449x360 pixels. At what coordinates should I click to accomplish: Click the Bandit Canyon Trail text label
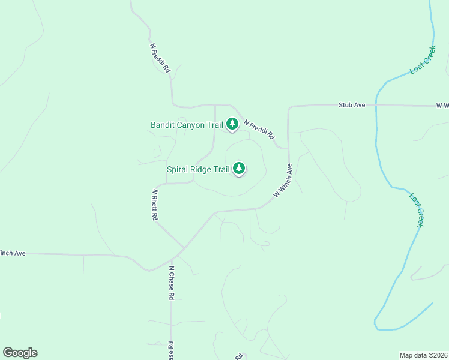point(187,125)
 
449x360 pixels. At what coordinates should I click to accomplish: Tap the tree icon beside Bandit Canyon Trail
point(232,124)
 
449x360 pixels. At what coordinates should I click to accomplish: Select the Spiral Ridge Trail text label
point(198,169)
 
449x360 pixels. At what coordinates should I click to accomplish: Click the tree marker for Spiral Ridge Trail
point(240,168)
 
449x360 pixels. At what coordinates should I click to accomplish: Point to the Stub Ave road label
point(352,105)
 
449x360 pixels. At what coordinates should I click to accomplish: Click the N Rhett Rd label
point(155,205)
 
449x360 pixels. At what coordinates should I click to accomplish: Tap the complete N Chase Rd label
point(171,283)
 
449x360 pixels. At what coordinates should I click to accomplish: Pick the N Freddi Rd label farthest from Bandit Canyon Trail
point(160,58)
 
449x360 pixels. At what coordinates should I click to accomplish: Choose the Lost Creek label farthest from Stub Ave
point(417,209)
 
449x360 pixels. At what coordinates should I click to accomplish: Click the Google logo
point(20,353)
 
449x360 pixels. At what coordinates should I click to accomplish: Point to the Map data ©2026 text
point(424,355)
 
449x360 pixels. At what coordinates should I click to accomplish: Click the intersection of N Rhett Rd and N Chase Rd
point(182,248)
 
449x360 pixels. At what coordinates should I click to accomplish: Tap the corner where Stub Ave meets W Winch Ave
point(289,108)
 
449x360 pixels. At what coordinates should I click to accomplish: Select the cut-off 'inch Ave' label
point(13,253)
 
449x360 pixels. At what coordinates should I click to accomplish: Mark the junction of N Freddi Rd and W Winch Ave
point(288,148)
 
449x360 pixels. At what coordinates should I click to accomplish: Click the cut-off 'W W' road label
point(442,106)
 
